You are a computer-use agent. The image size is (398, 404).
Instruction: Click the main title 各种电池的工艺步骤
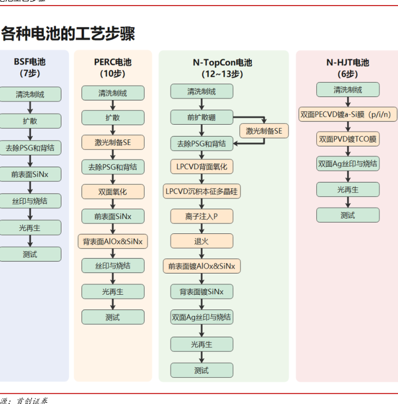(x=68, y=34)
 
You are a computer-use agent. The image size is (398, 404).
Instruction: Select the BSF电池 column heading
(x=30, y=62)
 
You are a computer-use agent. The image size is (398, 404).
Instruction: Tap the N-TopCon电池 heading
(x=222, y=63)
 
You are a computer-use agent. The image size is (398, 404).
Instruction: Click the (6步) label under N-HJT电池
(x=348, y=73)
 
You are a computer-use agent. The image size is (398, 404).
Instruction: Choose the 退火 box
(x=201, y=241)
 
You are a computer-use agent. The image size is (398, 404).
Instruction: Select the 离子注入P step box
(x=201, y=216)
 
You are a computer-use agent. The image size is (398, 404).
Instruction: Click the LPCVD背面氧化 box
(x=201, y=167)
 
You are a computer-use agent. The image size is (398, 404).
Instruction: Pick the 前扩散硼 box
(x=201, y=118)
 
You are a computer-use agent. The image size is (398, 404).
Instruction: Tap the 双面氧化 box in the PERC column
(x=112, y=191)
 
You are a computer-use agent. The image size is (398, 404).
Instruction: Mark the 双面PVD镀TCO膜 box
(x=348, y=139)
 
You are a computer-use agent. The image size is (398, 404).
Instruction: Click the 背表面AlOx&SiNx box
(x=112, y=241)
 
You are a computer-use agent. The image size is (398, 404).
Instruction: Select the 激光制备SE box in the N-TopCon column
(x=264, y=131)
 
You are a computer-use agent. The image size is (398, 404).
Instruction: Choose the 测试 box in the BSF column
(x=30, y=254)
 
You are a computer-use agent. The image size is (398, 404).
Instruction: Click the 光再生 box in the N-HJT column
(x=348, y=190)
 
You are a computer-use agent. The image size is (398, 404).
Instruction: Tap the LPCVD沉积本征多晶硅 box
(x=201, y=191)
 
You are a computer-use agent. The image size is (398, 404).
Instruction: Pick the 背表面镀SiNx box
(x=201, y=292)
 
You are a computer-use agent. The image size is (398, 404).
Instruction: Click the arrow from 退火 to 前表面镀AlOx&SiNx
(x=201, y=253)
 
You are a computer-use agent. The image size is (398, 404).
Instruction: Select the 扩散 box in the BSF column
(x=30, y=121)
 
